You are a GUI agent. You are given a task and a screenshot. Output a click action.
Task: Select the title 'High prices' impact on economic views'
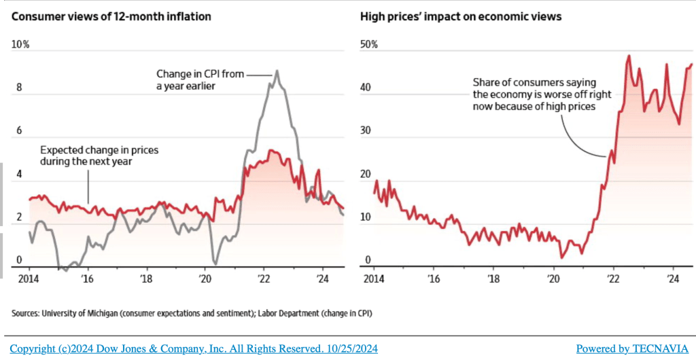pyautogui.click(x=461, y=16)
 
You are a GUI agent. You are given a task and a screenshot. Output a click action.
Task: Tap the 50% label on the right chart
pyautogui.click(x=368, y=45)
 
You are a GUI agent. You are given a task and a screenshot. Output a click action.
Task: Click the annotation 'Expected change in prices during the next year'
pyautogui.click(x=99, y=156)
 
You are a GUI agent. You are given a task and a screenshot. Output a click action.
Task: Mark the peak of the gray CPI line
pyautogui.click(x=277, y=71)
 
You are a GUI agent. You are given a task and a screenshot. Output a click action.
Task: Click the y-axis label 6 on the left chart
pyautogui.click(x=19, y=131)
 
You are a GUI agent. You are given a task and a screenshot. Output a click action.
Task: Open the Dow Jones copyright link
pyautogui.click(x=194, y=348)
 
